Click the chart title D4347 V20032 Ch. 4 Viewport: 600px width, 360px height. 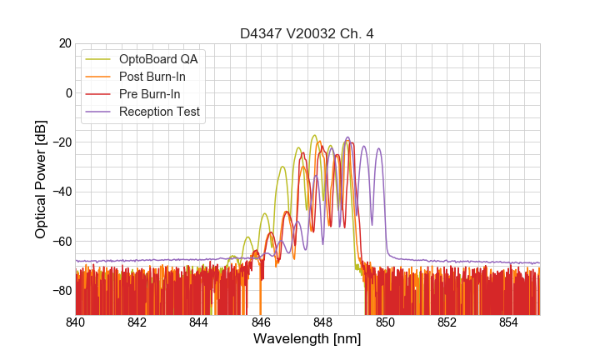pos(307,33)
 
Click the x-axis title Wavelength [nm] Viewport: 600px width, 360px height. pos(307,339)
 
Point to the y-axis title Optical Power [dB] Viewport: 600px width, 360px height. pos(41,179)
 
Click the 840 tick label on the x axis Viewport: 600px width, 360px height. pos(75,322)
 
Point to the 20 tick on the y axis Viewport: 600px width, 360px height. pos(64,43)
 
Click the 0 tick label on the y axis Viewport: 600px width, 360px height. pos(67,92)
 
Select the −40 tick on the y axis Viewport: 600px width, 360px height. pos(61,192)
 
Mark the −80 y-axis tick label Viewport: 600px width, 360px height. pos(61,291)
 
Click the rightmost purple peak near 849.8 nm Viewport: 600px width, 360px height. pos(378,149)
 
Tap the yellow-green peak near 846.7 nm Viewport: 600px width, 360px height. pos(282,167)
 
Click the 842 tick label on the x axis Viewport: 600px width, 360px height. pos(137,322)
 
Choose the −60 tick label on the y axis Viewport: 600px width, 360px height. pos(61,242)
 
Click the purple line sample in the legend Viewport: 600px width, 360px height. pos(98,112)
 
